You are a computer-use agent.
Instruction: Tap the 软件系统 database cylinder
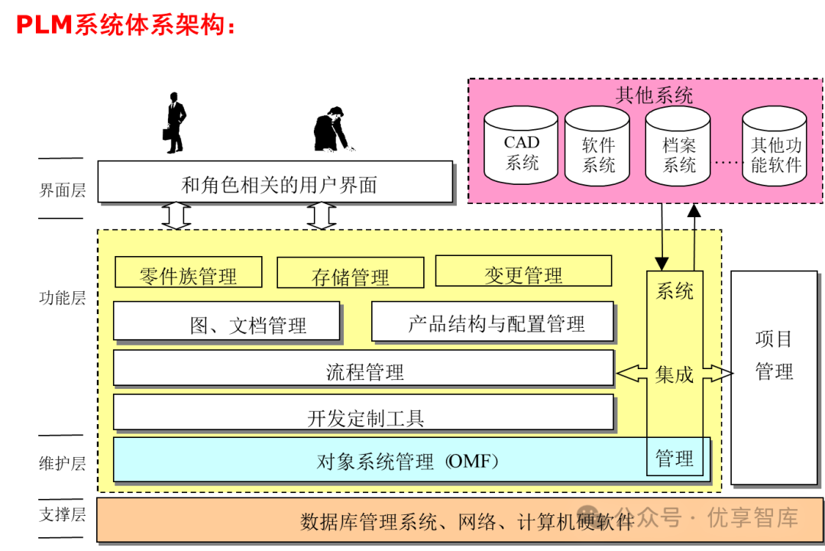(x=598, y=147)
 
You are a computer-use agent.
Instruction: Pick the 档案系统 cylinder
(x=678, y=147)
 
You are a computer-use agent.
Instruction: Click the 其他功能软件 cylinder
(x=775, y=147)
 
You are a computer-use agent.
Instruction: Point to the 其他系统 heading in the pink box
(x=654, y=96)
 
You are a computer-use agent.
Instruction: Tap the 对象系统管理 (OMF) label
(x=409, y=461)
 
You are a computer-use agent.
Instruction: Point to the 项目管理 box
(x=774, y=355)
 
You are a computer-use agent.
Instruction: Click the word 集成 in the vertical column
(x=675, y=374)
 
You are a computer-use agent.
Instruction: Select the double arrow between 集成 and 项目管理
(x=717, y=374)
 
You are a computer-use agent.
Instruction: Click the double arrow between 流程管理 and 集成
(x=632, y=374)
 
